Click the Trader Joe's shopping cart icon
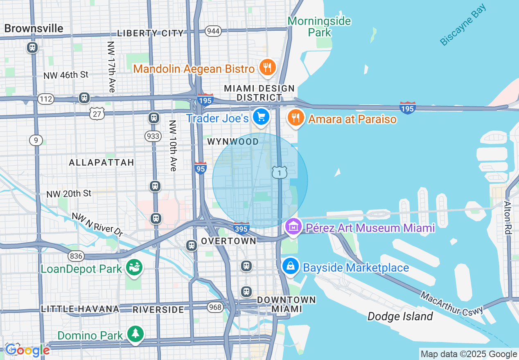tap(261, 117)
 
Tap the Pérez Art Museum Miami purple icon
tap(293, 227)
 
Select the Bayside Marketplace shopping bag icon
tap(290, 267)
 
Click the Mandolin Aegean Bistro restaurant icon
tap(267, 67)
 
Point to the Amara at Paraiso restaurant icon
tap(295, 118)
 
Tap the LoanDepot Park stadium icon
tap(134, 268)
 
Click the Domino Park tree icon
tap(135, 334)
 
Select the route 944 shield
tap(213, 31)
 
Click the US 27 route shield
tap(97, 113)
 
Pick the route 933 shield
tap(153, 136)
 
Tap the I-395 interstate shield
tap(241, 228)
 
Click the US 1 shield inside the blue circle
tap(280, 173)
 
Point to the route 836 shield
tap(76, 256)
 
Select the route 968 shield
tap(215, 307)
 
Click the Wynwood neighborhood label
tap(233, 142)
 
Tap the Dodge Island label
tap(400, 316)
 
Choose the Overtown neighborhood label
tap(228, 241)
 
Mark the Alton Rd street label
tap(508, 217)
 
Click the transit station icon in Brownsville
tap(32, 47)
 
